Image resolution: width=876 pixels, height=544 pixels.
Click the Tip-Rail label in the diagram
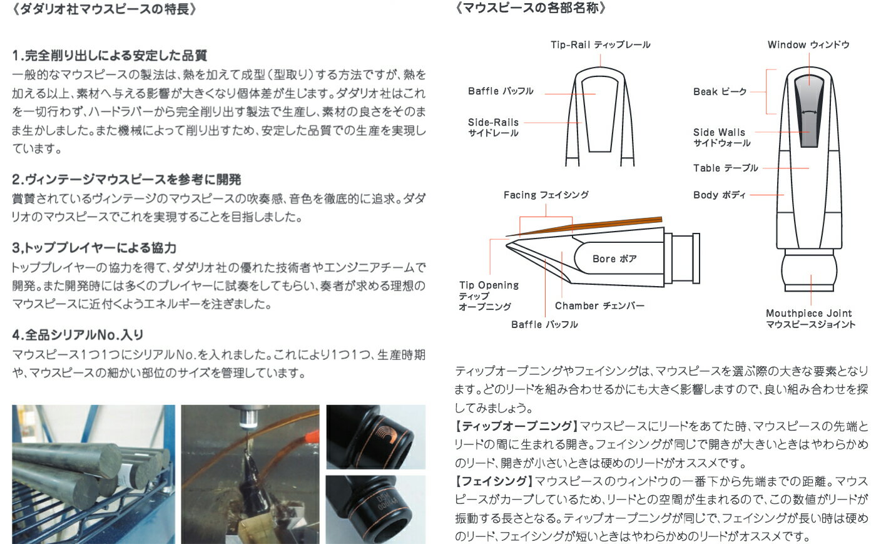[x=600, y=44]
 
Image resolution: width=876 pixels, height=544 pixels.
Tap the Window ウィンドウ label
[x=808, y=44]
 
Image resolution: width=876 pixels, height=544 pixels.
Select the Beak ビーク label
[x=720, y=91]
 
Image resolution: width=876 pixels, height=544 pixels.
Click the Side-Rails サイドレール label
[x=493, y=127]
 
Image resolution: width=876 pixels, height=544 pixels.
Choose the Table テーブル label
[x=725, y=168]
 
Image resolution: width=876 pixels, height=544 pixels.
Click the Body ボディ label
[x=719, y=195]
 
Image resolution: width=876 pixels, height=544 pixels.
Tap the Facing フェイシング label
[x=546, y=195]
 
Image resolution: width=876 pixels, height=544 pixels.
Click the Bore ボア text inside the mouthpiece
[x=614, y=259]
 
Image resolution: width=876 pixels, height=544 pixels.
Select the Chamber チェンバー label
[x=599, y=305]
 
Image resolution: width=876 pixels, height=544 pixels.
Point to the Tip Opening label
[x=488, y=295]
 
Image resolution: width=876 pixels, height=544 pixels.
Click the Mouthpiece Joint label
[x=810, y=318]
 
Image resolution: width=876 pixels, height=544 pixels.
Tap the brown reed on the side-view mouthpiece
[x=619, y=223]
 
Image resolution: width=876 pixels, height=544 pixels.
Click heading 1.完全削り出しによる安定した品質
[x=109, y=56]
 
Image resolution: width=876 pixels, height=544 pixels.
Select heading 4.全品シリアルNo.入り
[x=78, y=335]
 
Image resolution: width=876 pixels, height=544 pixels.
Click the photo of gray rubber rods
[x=93, y=474]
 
